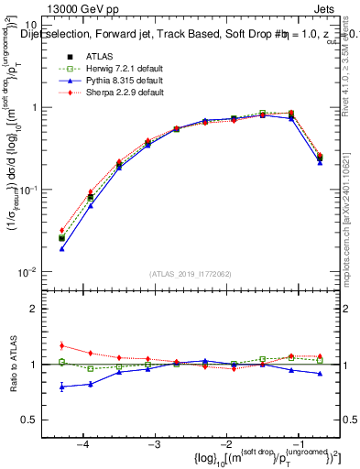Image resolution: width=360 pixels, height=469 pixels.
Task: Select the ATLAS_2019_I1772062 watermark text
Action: coord(190,274)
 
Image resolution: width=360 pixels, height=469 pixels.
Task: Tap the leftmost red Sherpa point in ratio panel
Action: coord(61,345)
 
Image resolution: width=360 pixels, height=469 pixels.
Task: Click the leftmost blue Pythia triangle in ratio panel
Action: coord(61,387)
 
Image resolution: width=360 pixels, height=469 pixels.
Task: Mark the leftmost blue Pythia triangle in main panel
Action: coord(61,248)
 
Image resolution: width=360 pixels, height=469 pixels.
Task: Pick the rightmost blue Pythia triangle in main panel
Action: coord(320,161)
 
